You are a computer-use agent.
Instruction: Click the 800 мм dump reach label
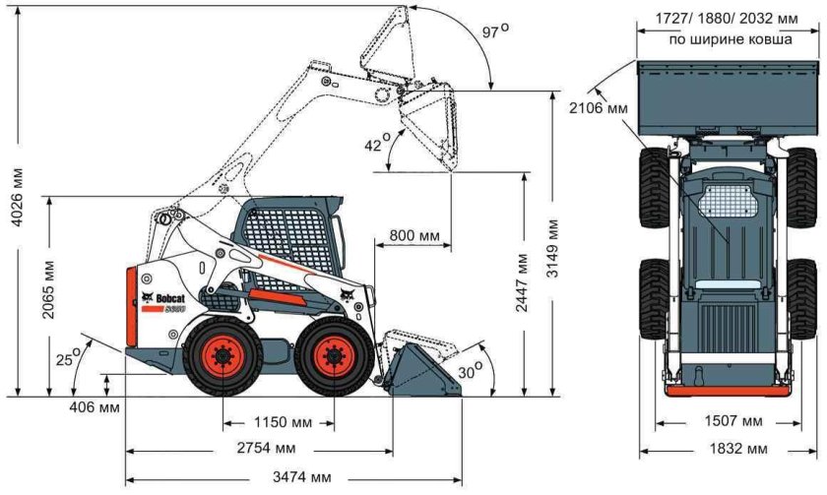point(414,236)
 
